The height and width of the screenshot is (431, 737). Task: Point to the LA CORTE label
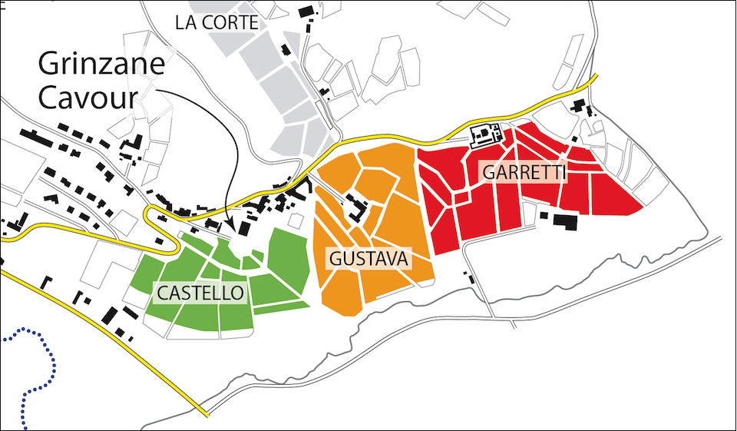(216, 23)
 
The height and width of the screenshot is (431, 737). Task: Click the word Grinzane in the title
(101, 66)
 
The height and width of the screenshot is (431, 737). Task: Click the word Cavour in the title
(89, 98)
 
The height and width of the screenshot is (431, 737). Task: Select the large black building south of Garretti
(566, 221)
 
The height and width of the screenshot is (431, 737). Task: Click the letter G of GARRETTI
(487, 171)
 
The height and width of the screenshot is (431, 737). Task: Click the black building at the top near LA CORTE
(306, 12)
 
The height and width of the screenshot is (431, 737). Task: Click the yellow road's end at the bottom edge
(207, 415)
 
